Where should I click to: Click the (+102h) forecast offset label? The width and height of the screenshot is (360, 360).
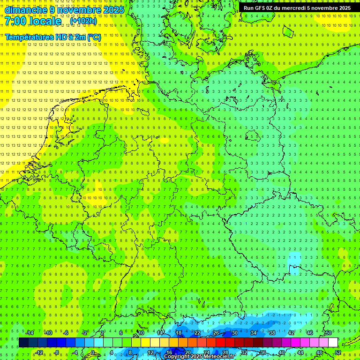(83, 21)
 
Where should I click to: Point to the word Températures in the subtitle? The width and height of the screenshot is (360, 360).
(29, 37)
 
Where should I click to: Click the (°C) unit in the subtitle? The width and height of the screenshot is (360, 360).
(94, 37)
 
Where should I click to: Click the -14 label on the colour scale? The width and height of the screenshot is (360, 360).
(30, 333)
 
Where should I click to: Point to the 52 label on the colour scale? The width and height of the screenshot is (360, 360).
(337, 352)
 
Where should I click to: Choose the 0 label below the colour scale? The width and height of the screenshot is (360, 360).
(93, 352)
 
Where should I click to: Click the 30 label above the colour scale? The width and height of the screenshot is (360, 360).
(234, 333)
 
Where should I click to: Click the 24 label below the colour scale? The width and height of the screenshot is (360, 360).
(207, 352)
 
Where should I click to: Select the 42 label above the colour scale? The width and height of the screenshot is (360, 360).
(291, 333)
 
